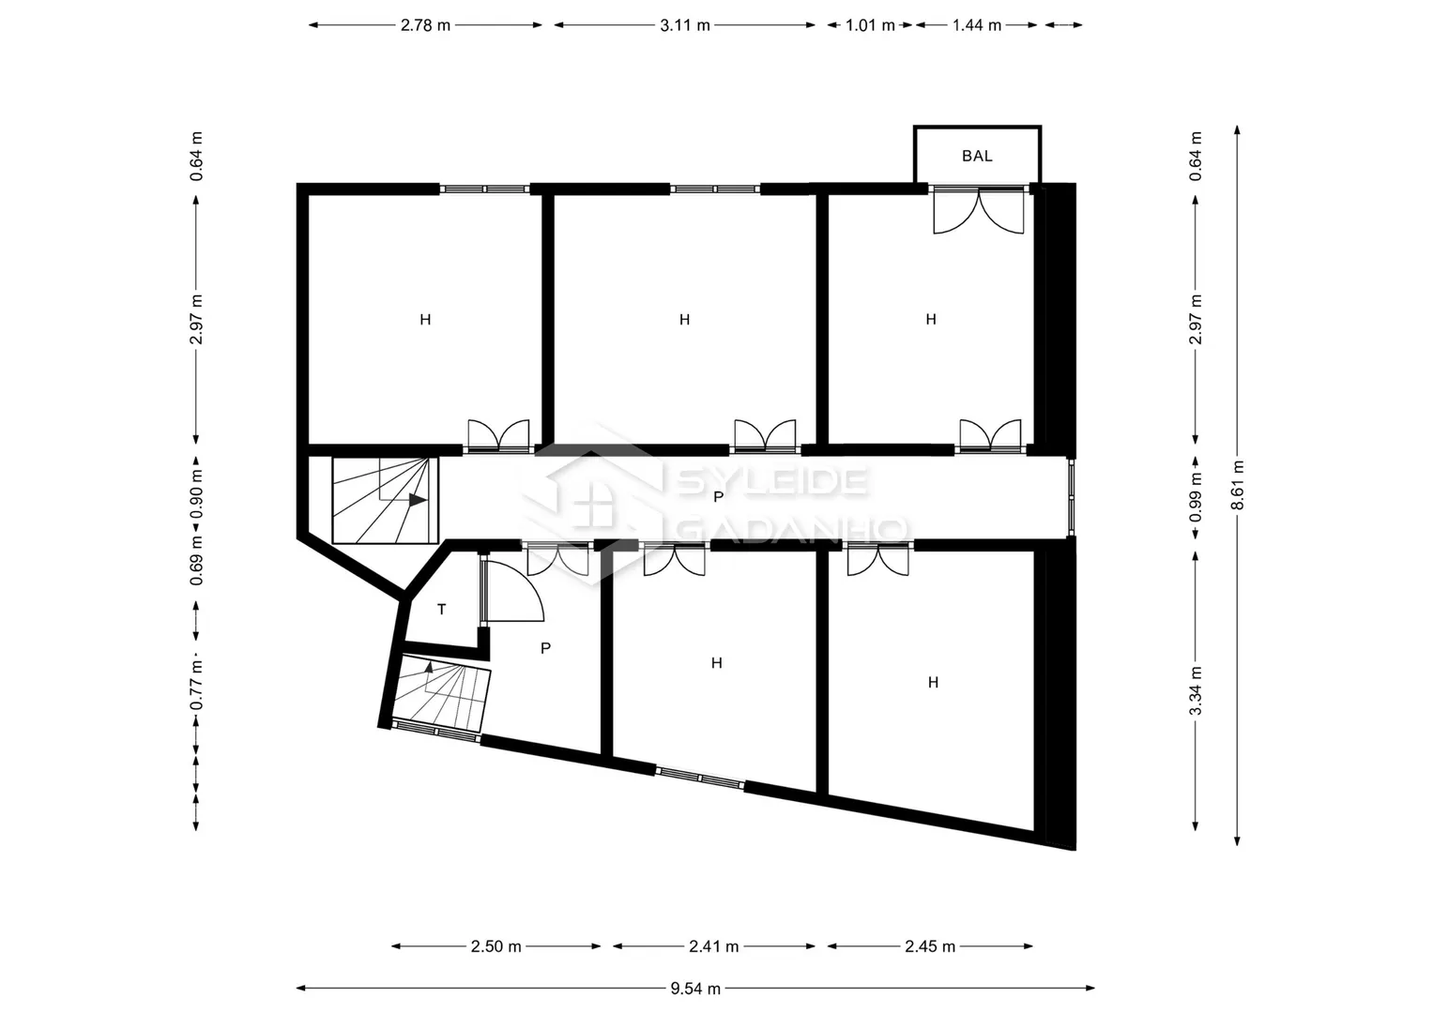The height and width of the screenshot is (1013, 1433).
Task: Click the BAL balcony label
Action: coord(977,156)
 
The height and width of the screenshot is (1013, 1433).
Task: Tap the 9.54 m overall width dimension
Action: coord(695,989)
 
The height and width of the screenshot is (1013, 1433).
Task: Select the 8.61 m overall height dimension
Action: coord(1238,485)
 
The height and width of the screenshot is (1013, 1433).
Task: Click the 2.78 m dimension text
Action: coord(425,25)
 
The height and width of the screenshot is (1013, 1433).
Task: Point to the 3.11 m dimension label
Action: coord(685,25)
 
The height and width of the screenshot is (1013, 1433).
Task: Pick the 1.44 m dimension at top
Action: coord(977,25)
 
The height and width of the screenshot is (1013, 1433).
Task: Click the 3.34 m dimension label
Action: coord(1196,690)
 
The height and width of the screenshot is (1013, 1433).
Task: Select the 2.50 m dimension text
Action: coord(495,946)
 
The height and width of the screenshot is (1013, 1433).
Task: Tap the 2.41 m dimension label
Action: coord(714,946)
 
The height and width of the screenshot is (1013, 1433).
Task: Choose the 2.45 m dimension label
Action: coord(930,946)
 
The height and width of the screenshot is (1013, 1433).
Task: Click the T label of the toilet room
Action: coord(441,610)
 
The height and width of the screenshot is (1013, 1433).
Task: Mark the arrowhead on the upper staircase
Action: coord(418,500)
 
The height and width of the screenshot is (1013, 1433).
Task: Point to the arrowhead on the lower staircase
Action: coord(429,667)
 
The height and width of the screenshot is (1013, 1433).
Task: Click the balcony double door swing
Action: coord(979,211)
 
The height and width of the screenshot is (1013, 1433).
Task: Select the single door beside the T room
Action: coord(511,588)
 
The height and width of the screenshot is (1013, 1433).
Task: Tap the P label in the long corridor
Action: coord(719,497)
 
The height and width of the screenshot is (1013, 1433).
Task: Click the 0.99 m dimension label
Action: coord(1196,497)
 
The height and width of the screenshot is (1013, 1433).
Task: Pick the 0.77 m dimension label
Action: coord(196,685)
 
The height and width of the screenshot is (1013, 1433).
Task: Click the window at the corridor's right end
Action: coord(1072,497)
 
